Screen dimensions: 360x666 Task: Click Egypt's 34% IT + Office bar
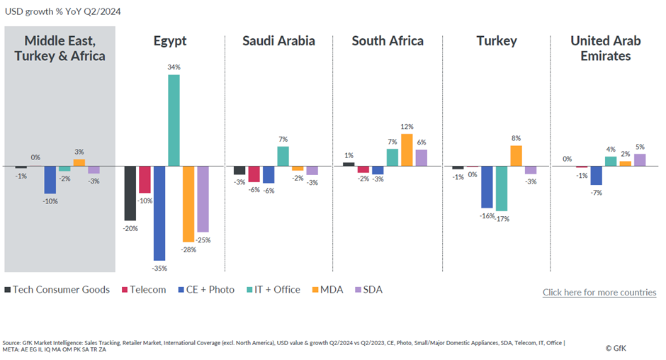click(x=174, y=120)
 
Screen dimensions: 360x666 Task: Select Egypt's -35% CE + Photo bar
click(x=159, y=213)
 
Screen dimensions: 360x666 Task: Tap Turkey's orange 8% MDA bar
click(x=516, y=155)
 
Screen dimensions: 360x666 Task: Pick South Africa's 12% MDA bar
click(x=407, y=150)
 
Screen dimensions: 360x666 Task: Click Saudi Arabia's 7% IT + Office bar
click(x=283, y=156)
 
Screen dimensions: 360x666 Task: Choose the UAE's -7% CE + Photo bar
click(x=597, y=175)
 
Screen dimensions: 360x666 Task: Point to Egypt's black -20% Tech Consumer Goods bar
click(x=130, y=193)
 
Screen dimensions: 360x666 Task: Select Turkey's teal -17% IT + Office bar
click(x=502, y=188)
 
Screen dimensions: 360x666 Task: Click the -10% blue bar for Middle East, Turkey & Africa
click(x=50, y=179)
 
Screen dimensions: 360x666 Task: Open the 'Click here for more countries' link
click(x=599, y=292)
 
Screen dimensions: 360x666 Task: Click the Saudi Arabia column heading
click(x=278, y=41)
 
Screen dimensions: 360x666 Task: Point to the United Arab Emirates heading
click(x=606, y=48)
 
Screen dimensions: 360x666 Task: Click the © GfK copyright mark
click(x=616, y=348)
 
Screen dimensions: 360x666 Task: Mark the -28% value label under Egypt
click(x=188, y=250)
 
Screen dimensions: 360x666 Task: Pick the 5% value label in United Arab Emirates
click(x=640, y=147)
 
